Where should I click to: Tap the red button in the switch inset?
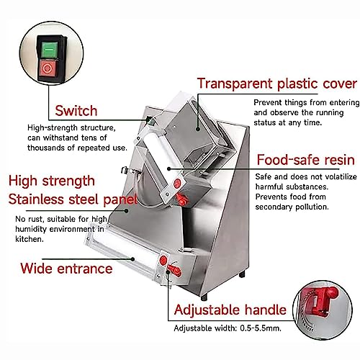pos(48,68)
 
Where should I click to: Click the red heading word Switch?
pos(76,111)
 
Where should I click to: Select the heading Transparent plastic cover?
pos(277,84)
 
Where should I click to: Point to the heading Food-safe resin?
pos(306,160)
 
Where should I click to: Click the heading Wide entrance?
pos(66,269)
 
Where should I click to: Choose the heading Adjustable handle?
pos(230,310)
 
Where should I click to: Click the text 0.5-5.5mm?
pos(261,328)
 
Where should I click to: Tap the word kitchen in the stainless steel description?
pos(30,239)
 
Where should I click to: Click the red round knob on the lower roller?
pos(163,260)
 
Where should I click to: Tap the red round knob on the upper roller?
pos(177,183)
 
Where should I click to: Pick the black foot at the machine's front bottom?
pos(204,297)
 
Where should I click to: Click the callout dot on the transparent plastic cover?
pos(198,129)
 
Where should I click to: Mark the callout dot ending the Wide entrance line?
pos(132,259)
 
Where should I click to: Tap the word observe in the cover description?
pos(285,112)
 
